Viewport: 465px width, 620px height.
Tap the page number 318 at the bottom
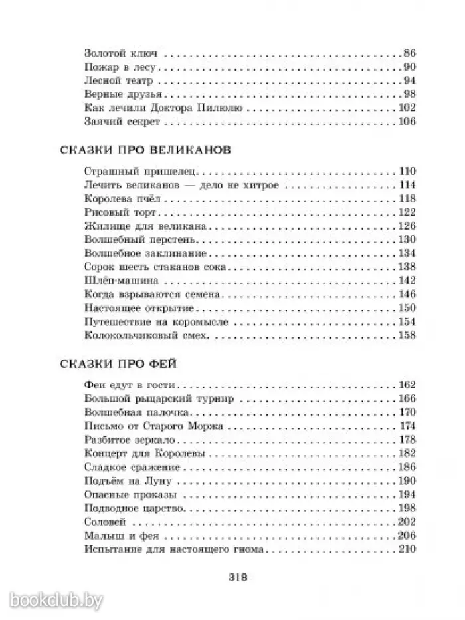pyautogui.click(x=237, y=577)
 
